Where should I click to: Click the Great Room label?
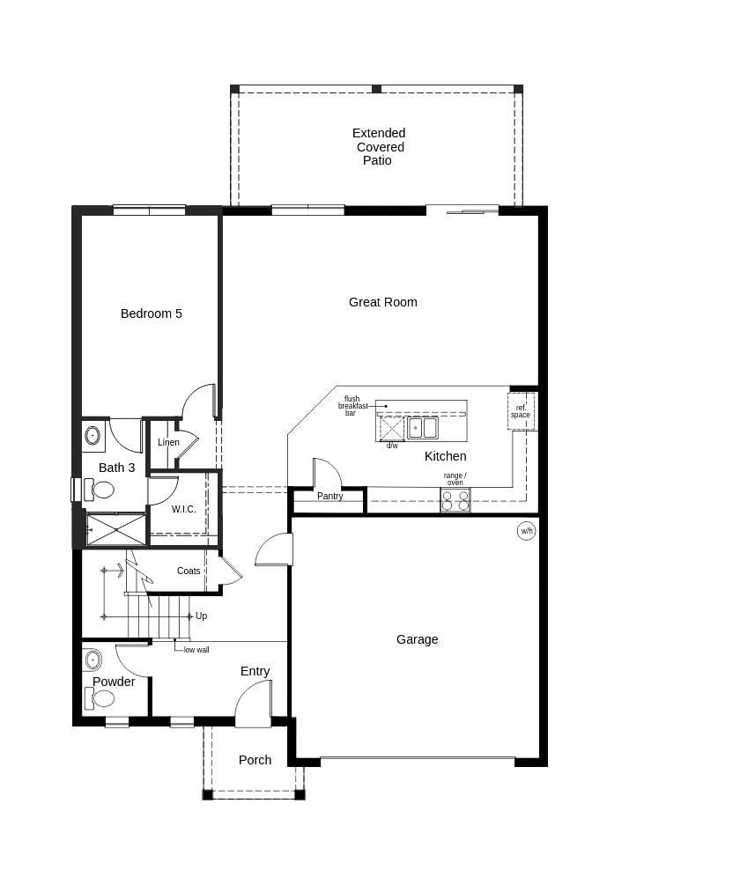(x=382, y=302)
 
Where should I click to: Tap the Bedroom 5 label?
(x=152, y=313)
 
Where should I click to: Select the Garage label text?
(x=417, y=639)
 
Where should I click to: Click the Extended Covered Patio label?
(x=379, y=147)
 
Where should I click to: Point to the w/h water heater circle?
(x=526, y=531)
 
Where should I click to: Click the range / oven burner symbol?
(x=455, y=500)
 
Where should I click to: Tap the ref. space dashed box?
(x=521, y=411)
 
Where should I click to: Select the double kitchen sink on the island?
(x=423, y=428)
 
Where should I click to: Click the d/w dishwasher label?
(x=392, y=446)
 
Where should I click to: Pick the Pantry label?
(x=329, y=496)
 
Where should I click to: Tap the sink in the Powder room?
(x=92, y=660)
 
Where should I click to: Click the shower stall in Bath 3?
(x=116, y=529)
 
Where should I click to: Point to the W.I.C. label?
(x=184, y=510)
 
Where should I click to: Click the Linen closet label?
(x=168, y=442)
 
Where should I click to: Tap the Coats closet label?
(x=189, y=571)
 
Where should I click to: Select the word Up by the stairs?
(x=201, y=616)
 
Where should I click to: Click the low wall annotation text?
(x=196, y=650)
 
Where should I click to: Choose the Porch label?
(x=255, y=760)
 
